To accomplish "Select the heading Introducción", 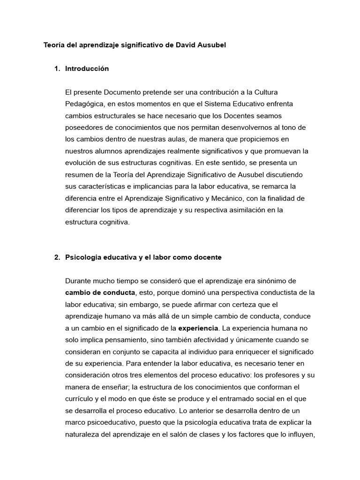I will tap(87, 68).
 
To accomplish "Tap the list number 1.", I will tap(57, 68).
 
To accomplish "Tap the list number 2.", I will tap(57, 257).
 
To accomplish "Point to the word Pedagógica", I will tap(85, 104).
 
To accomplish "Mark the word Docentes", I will tap(241, 115).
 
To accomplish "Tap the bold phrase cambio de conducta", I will tap(100, 292).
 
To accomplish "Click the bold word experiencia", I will tap(198, 328).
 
